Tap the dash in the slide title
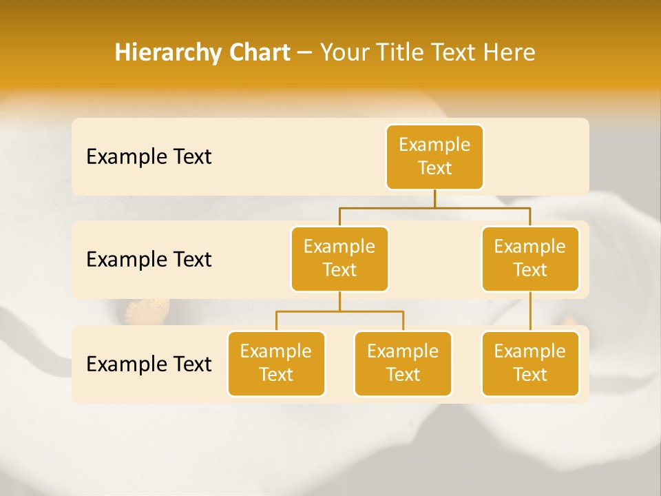(x=305, y=53)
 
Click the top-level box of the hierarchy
(x=434, y=157)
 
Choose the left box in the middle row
(x=339, y=258)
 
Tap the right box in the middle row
(x=530, y=258)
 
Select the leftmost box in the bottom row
(x=276, y=363)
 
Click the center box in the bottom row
(x=403, y=363)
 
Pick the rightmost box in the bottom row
(x=530, y=363)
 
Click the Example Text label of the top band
(x=149, y=157)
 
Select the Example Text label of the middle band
(x=149, y=260)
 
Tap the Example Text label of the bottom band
(x=149, y=364)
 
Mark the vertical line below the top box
(x=434, y=198)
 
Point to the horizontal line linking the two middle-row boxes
(x=434, y=207)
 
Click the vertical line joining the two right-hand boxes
(x=530, y=311)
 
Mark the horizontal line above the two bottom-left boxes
(x=339, y=311)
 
